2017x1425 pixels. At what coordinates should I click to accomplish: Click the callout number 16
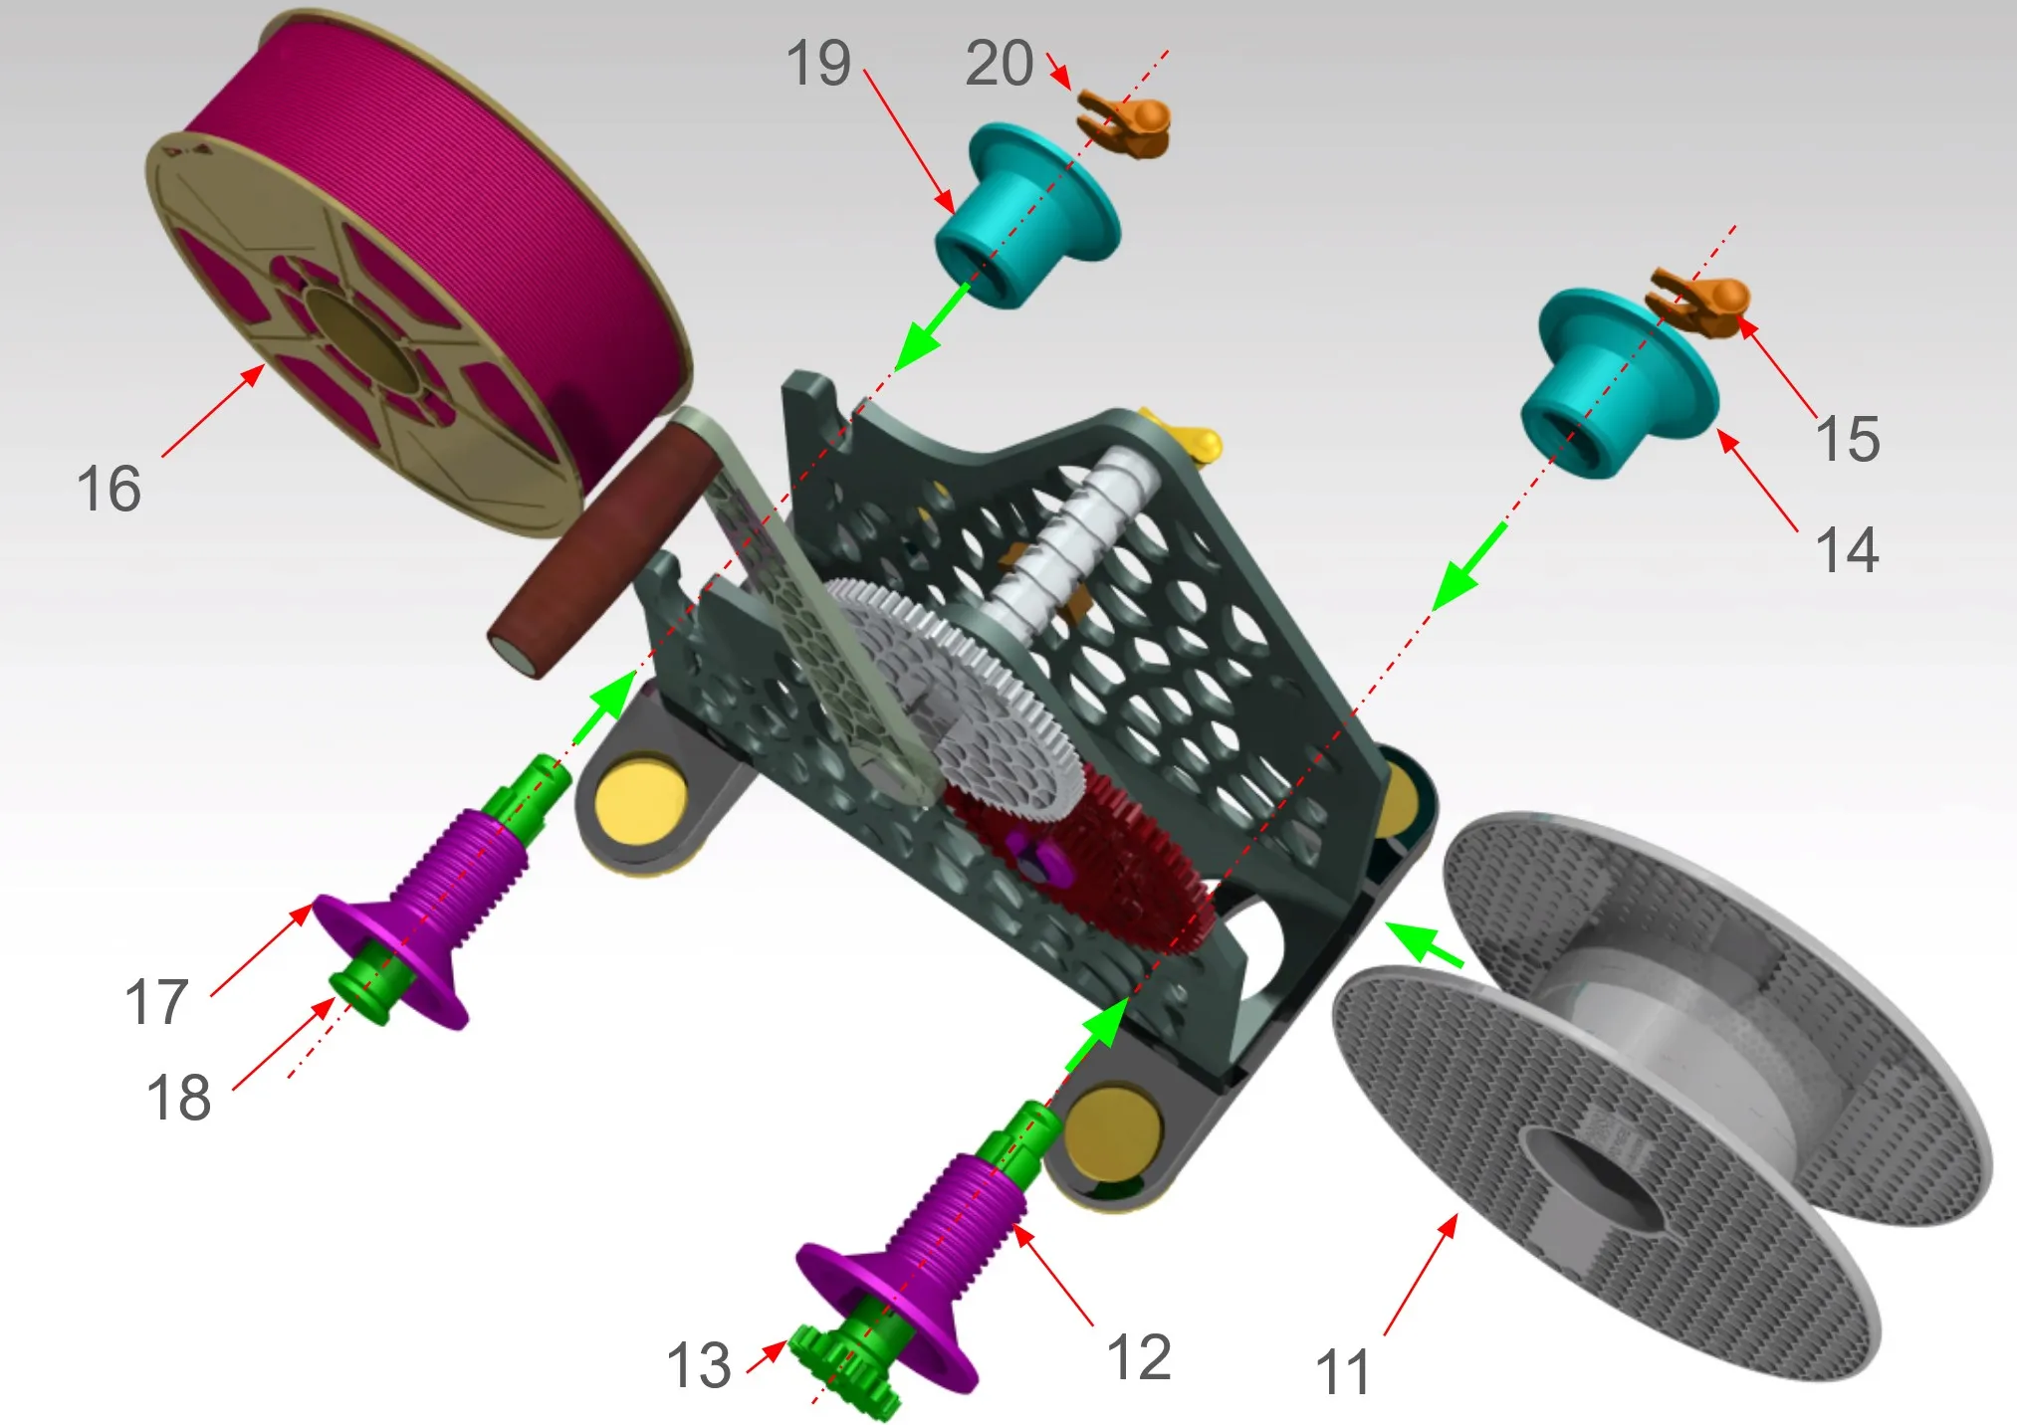pos(109,489)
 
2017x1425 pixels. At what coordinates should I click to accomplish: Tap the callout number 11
pos(1343,1372)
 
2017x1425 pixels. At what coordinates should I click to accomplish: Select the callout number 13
pos(699,1364)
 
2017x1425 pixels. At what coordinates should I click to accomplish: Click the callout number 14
pos(1847,549)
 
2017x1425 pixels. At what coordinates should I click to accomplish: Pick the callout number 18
pos(179,1098)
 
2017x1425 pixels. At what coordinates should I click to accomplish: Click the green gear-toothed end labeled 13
pos(841,1371)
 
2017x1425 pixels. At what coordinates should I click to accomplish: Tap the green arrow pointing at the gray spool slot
pos(1426,943)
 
